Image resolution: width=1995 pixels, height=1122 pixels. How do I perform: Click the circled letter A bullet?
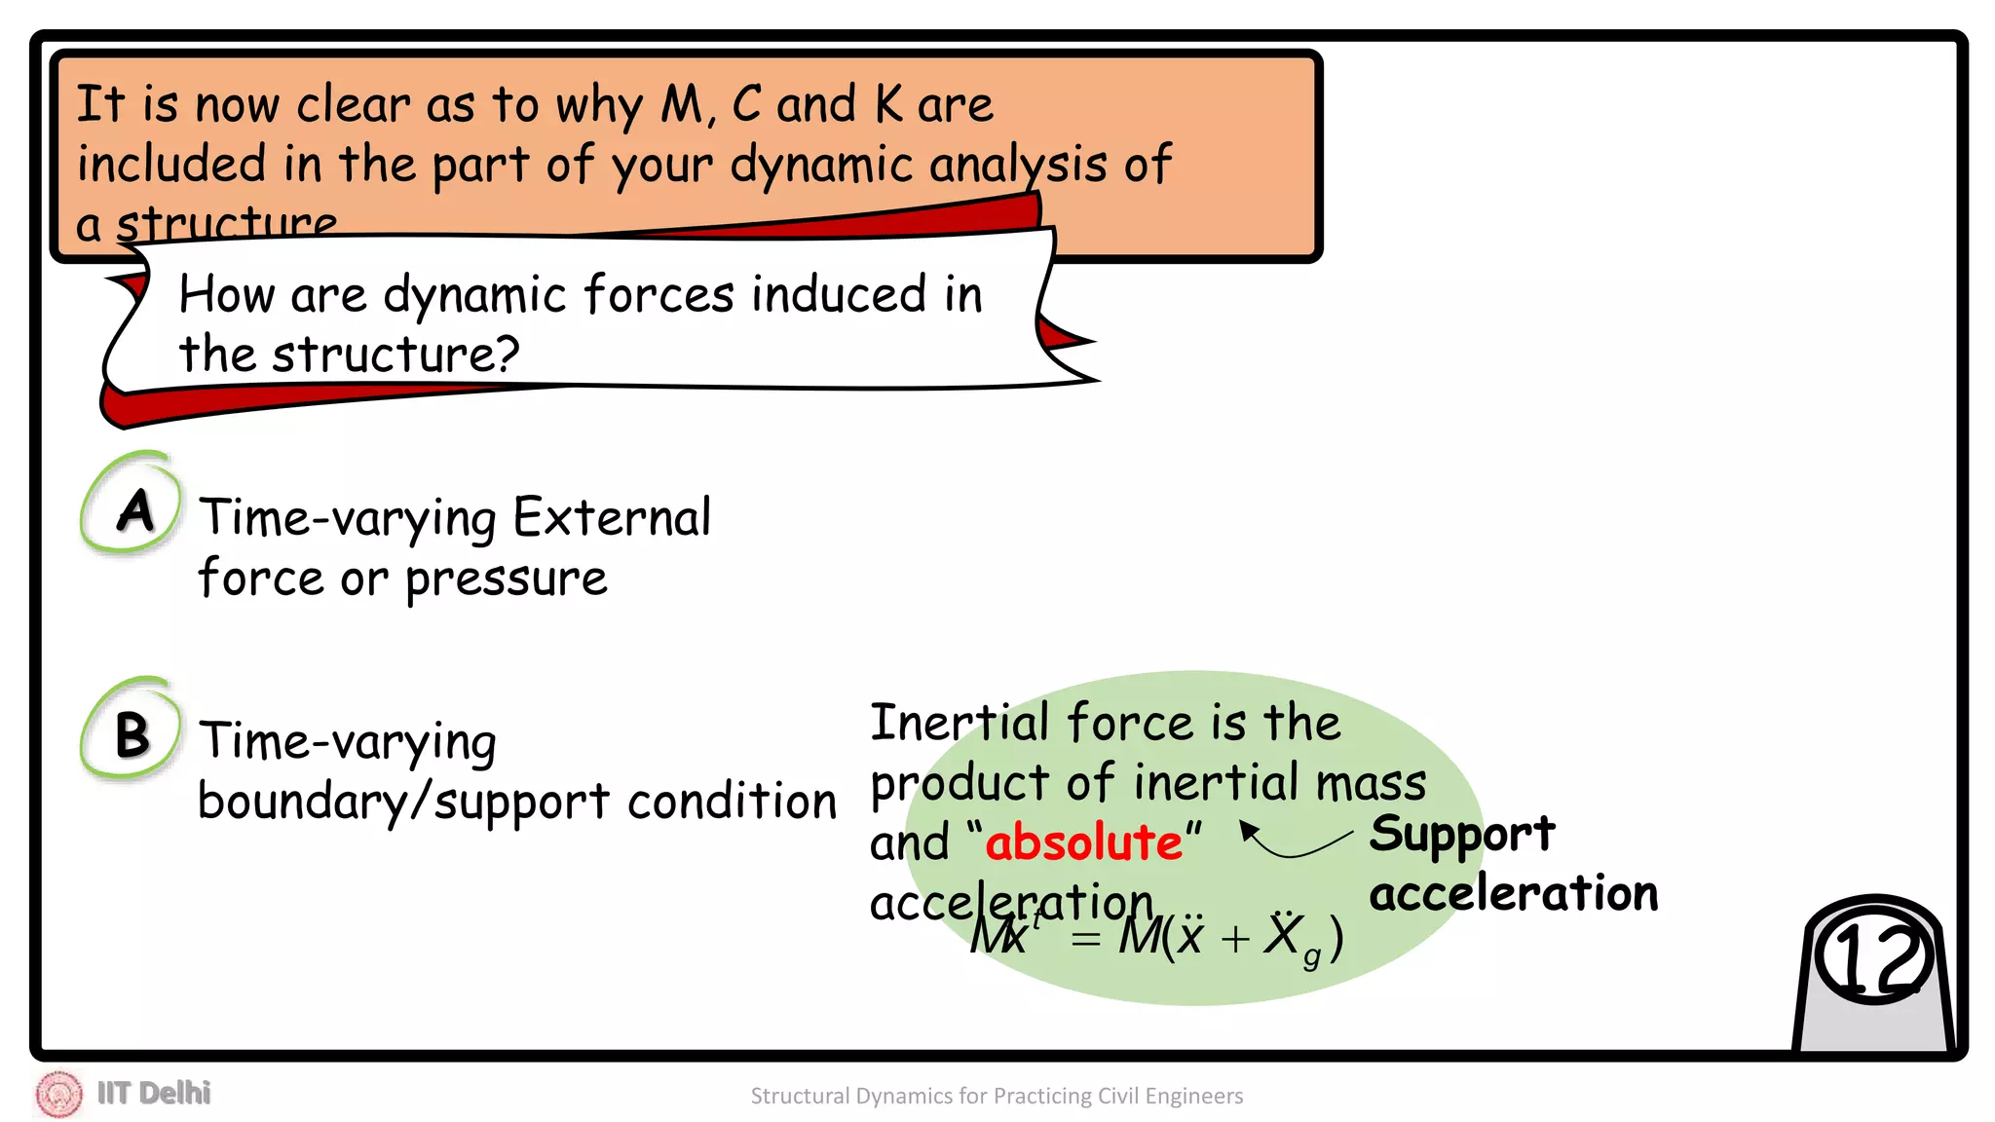[x=132, y=507]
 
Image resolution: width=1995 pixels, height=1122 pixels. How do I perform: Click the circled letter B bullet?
[x=132, y=732]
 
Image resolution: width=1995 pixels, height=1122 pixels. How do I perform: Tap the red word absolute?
[x=1083, y=841]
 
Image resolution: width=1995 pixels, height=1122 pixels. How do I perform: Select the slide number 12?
[x=1872, y=958]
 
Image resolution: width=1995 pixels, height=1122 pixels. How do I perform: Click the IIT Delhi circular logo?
[x=58, y=1094]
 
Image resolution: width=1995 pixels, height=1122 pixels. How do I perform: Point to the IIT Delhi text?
[x=154, y=1093]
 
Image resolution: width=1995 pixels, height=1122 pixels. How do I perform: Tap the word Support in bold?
[x=1461, y=835]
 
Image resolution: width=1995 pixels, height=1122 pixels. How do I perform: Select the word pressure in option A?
[x=507, y=580]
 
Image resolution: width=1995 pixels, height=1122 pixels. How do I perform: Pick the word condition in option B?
[x=732, y=802]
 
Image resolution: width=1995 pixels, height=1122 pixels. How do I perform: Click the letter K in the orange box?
[x=888, y=104]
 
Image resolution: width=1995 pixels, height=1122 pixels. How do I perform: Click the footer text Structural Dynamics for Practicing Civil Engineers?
[x=997, y=1096]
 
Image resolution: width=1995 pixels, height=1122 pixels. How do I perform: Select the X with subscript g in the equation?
[x=1292, y=937]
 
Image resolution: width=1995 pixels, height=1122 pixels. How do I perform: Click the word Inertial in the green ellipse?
[x=960, y=723]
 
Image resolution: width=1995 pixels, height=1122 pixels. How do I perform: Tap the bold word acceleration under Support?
[x=1513, y=893]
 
